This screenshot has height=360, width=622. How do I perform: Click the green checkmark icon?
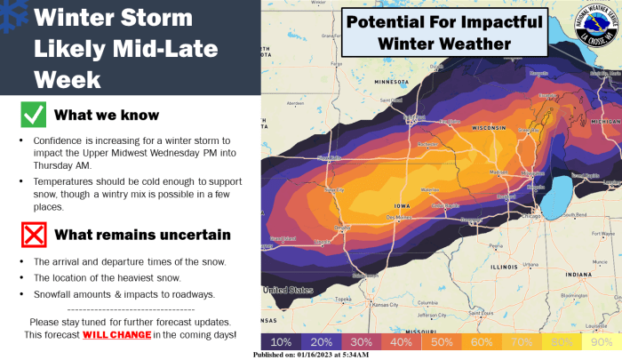(x=34, y=116)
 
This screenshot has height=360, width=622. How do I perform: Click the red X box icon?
(x=34, y=235)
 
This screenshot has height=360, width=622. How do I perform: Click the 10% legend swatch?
(x=281, y=341)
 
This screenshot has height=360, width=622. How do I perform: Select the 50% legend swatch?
(x=441, y=341)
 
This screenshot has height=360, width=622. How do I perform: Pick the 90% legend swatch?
(x=601, y=341)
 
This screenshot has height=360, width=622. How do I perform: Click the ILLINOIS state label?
(x=503, y=266)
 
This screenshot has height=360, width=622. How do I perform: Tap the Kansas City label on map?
(x=385, y=305)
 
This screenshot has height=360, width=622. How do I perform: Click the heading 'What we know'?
(x=107, y=116)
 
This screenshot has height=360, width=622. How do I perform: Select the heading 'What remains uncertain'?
(x=142, y=235)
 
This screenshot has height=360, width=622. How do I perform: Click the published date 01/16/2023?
(x=339, y=355)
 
